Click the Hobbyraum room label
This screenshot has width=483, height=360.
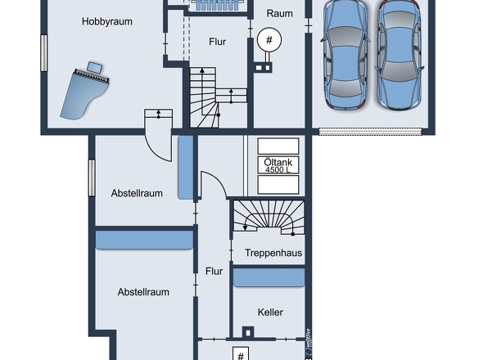pos(107,21)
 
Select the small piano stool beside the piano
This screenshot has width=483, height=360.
pos(95,67)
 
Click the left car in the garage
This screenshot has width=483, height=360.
pos(345,54)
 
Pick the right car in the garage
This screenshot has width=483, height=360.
pos(399,55)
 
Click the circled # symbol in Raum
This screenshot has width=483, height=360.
pos(269,40)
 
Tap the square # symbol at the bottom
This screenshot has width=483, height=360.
pos(241,354)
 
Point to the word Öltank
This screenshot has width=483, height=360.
pos(278,162)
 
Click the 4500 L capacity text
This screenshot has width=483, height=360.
pos(278,169)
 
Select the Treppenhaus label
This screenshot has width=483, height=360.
pos(273,253)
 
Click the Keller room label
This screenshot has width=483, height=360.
pos(270,313)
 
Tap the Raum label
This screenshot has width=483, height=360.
pos(280,14)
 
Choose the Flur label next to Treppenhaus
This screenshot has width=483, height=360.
pos(214,272)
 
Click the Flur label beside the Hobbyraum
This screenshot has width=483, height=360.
pos(218,42)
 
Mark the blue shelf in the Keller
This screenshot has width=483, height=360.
pos(269,277)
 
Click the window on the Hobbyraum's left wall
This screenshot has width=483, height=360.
pos(44,53)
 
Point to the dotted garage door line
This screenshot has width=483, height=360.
pos(370,132)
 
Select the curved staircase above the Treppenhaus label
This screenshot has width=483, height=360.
pos(269,217)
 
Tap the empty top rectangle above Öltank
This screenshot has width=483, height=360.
pos(278,146)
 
